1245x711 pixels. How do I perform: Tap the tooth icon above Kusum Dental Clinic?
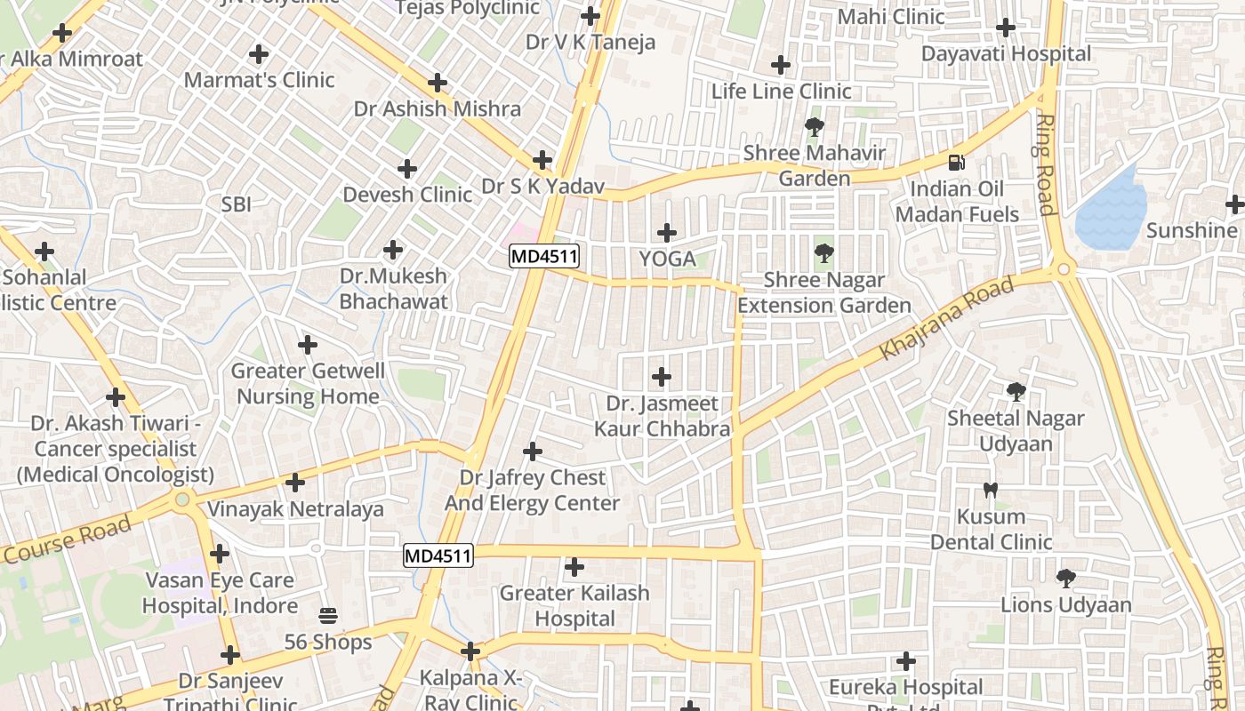pos(991,490)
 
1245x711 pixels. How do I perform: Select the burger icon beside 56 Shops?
pos(327,615)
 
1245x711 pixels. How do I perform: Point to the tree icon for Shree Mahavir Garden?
pos(814,127)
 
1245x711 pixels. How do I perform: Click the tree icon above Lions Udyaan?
pos(1065,579)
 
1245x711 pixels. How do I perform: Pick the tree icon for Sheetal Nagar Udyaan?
pos(1016,391)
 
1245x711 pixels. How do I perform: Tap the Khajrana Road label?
pos(946,319)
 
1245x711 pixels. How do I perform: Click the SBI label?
pos(237,204)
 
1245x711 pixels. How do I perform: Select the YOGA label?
pos(667,259)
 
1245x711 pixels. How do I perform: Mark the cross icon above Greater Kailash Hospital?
pos(574,566)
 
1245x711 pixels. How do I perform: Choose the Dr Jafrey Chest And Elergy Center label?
pos(532,491)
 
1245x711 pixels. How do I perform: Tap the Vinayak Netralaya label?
pos(295,509)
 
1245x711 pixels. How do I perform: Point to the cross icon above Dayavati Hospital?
pos(1006,28)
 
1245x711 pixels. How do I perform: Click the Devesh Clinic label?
pos(407,194)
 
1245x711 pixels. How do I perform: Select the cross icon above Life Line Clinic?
pos(781,65)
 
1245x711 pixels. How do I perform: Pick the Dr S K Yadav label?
pos(542,187)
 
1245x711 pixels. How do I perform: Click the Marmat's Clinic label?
pos(259,80)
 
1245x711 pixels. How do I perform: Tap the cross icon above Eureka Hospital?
pos(906,661)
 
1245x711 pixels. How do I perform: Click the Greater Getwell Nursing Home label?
pos(308,383)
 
